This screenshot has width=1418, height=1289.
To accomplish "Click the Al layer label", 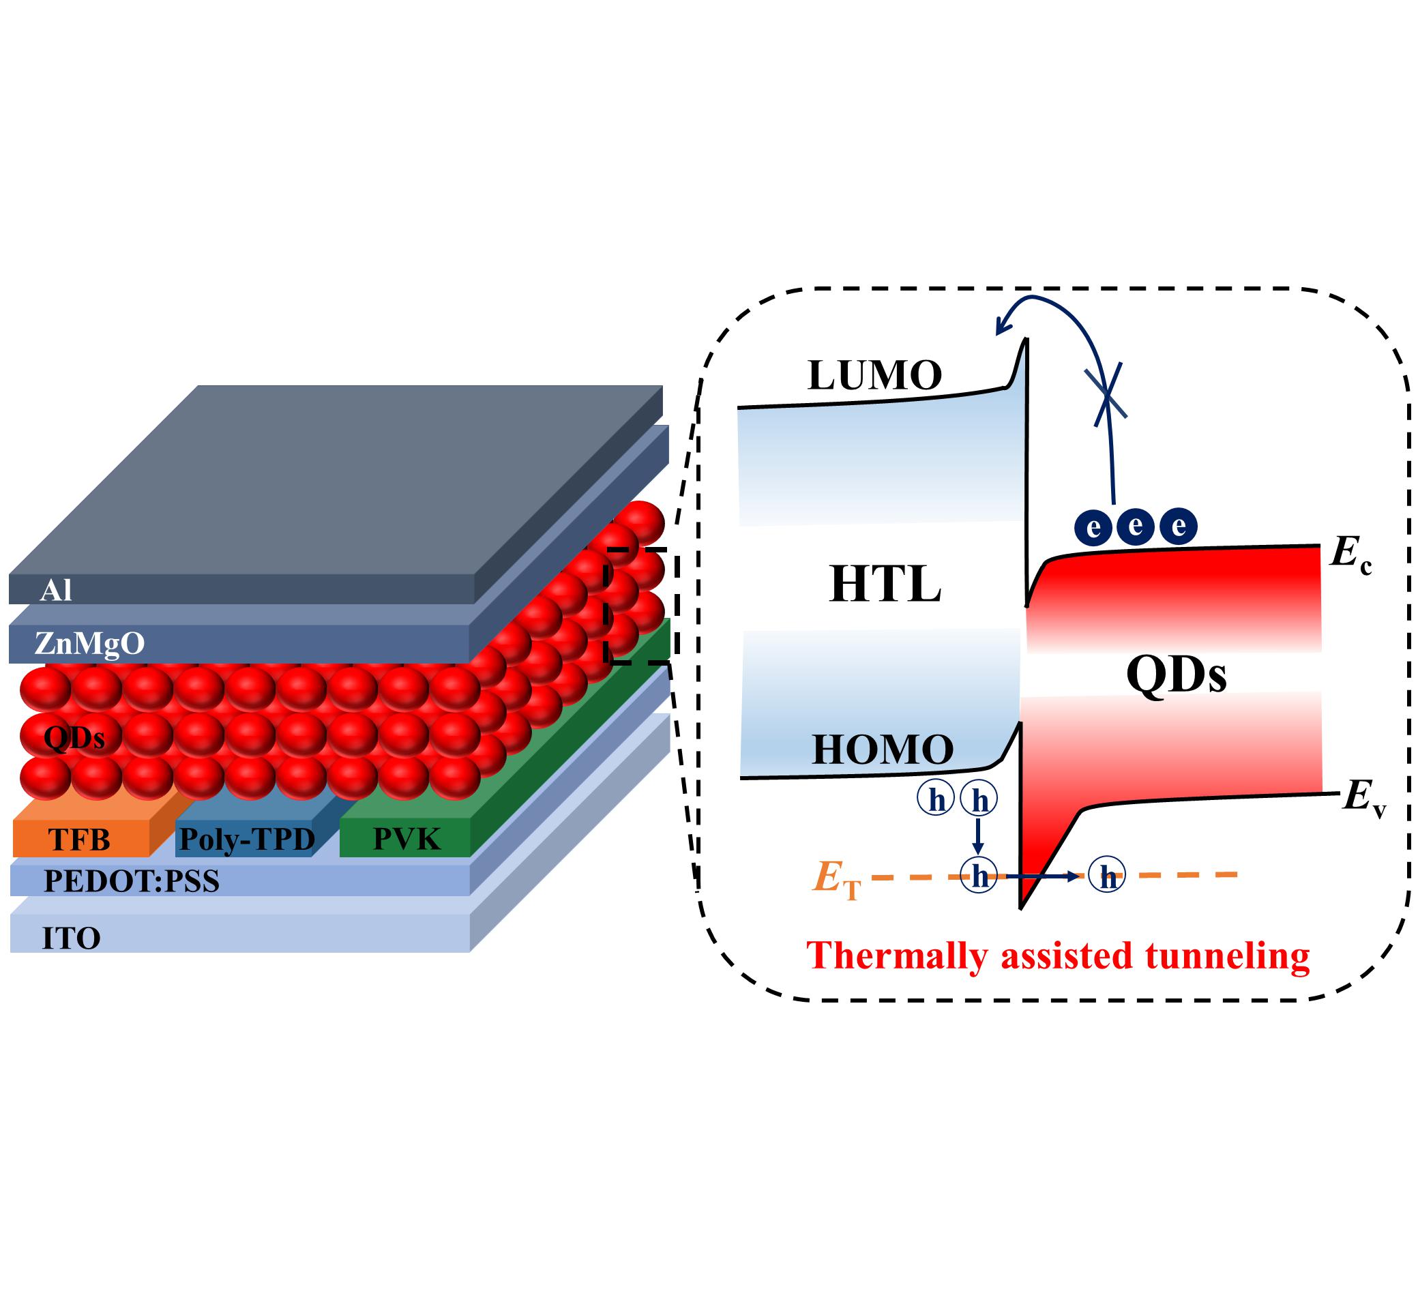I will click(x=55, y=591).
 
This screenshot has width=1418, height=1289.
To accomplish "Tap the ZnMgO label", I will click(x=89, y=642).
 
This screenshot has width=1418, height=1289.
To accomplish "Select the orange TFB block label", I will click(x=79, y=840).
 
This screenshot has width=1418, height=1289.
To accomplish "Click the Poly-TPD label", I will click(x=246, y=839).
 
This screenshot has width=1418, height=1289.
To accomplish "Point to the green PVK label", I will click(x=406, y=839).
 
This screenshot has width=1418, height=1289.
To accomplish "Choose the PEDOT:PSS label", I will click(x=132, y=881).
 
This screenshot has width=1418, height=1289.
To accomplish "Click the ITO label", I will click(x=71, y=938).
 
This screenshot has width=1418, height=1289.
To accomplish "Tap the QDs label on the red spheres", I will click(x=74, y=738).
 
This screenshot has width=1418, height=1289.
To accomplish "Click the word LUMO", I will click(x=874, y=376).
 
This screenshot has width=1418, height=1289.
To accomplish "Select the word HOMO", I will click(x=882, y=750).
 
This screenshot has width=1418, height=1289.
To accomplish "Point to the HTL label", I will click(x=885, y=584).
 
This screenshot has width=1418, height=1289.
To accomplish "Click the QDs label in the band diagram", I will click(x=1176, y=674).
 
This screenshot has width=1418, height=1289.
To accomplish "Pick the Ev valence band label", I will click(x=1363, y=799).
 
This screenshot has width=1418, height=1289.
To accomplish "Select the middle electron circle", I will click(x=1135, y=526).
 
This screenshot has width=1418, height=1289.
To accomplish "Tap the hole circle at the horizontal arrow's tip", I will click(x=1106, y=876).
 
